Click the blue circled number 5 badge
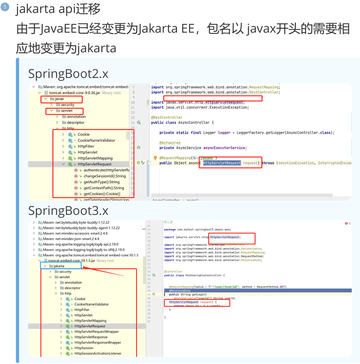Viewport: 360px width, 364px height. click(5, 7)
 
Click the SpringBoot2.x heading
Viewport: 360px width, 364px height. click(68, 74)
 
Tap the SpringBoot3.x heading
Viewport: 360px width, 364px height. click(68, 211)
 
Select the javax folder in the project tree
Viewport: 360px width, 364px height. click(59, 99)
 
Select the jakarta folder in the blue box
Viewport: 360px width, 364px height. click(59, 266)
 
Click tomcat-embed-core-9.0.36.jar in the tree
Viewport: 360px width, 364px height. click(74, 93)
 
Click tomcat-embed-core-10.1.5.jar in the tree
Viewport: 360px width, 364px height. click(71, 261)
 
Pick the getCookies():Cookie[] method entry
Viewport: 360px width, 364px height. click(102, 194)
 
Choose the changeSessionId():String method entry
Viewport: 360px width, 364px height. click(105, 176)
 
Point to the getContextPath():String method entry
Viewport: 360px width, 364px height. click(103, 188)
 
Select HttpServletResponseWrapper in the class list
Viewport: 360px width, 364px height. click(98, 342)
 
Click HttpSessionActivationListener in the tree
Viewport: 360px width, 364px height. click(98, 353)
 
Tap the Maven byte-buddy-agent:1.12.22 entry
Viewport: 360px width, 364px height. click(81, 228)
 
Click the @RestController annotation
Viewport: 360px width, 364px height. click(167, 117)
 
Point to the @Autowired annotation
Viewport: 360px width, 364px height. click(170, 143)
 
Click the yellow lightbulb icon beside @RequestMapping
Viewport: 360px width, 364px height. click(155, 158)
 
